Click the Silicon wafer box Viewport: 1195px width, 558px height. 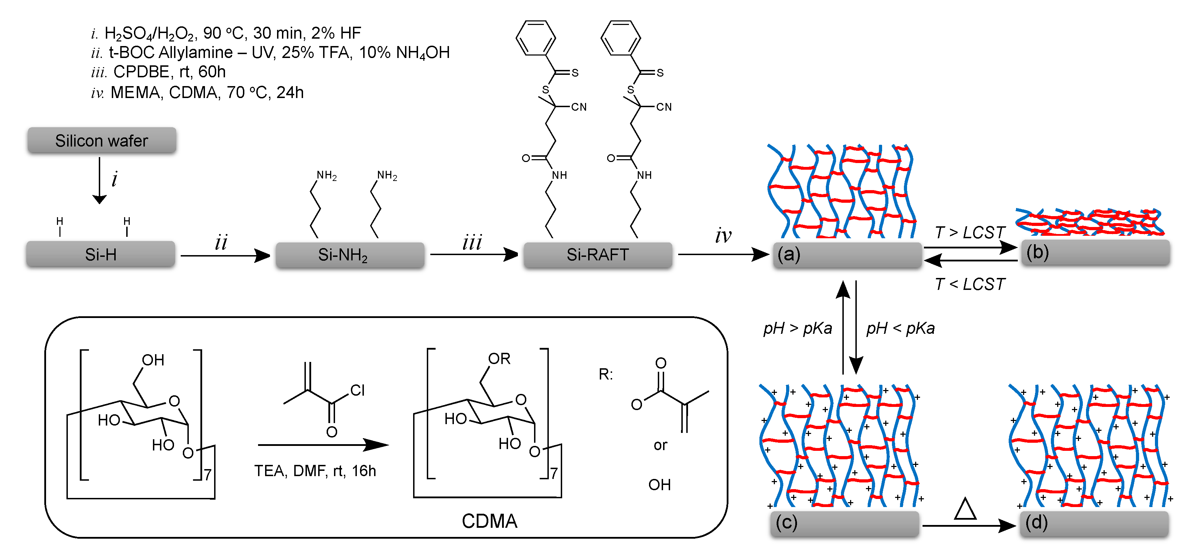pos(102,140)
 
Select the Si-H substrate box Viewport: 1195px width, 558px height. pos(101,254)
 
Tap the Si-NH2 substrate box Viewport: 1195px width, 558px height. pos(350,255)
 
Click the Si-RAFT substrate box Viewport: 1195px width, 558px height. pos(598,255)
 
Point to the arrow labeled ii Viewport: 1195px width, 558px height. pos(225,255)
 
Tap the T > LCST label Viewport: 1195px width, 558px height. pos(970,232)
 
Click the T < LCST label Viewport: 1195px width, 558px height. pos(970,284)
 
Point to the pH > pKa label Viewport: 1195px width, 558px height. pos(797,328)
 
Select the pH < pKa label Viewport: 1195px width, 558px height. pos(900,328)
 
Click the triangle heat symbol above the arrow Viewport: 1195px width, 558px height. pos(965,509)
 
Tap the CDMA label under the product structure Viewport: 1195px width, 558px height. pos(489,521)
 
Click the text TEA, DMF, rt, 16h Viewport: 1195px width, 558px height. pos(315,471)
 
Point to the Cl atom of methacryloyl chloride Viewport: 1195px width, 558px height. pos(357,390)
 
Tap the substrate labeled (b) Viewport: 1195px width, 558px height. pos(1095,252)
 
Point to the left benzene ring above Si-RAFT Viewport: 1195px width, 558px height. pos(536,38)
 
